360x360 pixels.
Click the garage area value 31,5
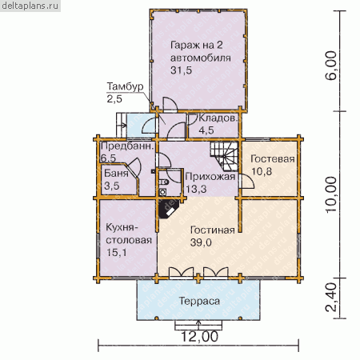181,70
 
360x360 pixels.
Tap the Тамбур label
125,86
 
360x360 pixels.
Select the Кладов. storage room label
218,118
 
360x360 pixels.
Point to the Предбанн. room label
127,146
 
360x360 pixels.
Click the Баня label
116,174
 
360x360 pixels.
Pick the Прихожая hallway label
210,177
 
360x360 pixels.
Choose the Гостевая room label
273,159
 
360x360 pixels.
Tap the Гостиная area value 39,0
201,242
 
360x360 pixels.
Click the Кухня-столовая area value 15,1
117,252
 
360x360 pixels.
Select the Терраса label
199,301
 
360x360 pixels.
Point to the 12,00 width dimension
199,337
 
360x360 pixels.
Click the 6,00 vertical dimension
331,66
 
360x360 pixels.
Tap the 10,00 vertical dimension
331,194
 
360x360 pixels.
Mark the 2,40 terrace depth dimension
331,298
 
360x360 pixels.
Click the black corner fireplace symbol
169,209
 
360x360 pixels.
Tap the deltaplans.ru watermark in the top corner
30,6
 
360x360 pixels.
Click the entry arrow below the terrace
198,325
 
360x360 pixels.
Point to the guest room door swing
246,182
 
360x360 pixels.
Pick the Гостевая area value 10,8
262,171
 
